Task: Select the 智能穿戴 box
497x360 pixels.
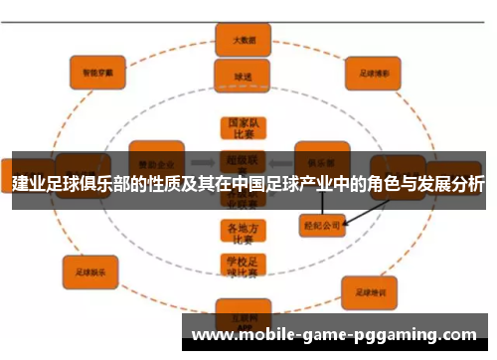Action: (96, 71)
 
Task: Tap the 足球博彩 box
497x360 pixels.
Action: (373, 73)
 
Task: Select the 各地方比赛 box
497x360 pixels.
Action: (242, 233)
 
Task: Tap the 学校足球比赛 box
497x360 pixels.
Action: (242, 267)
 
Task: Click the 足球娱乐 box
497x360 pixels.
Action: (90, 266)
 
